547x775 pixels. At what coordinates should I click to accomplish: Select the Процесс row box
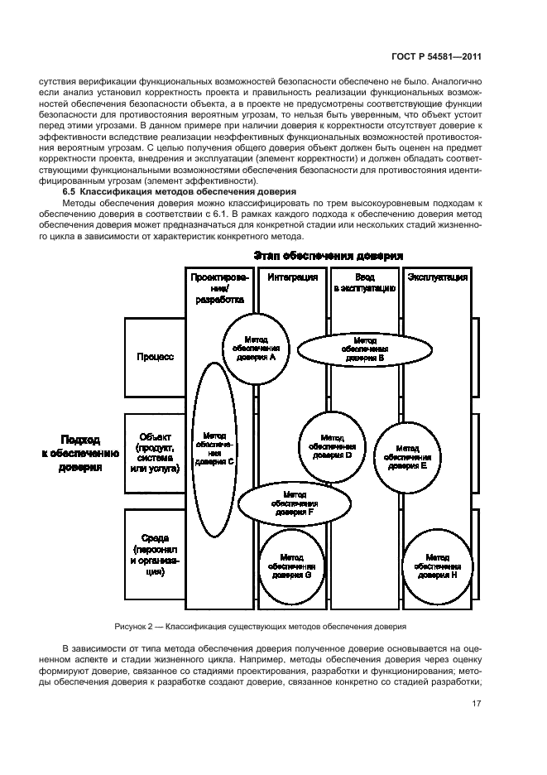[155, 357]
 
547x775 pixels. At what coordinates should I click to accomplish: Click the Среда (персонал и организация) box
[155, 552]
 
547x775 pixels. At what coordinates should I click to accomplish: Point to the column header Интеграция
[293, 277]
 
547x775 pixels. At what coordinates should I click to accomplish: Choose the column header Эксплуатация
[438, 277]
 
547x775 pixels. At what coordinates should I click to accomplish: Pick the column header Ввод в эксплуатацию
[365, 282]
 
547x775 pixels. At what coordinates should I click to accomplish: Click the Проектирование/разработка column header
[219, 288]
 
